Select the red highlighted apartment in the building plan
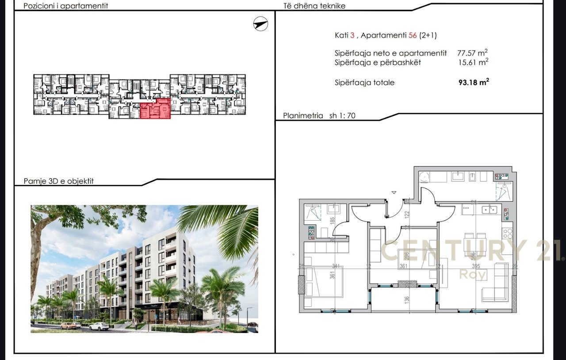click(x=155, y=109)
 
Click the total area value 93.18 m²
click(x=474, y=82)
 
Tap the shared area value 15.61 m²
click(x=473, y=62)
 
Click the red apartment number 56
click(x=413, y=35)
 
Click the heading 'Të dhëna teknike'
click(x=314, y=6)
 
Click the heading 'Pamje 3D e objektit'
click(x=58, y=181)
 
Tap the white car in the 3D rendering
click(x=99, y=326)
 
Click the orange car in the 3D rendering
click(x=69, y=326)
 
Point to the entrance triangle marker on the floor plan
click(x=394, y=192)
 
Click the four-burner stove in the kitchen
click(x=507, y=230)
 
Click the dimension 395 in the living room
click(x=475, y=266)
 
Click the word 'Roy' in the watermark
click(x=473, y=275)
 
